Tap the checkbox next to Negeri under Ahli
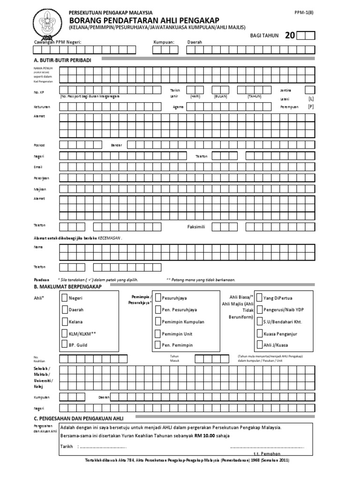pos(65,298)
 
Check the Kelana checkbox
pos(65,322)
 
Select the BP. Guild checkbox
pos(65,345)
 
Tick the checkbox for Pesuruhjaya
pos(157,298)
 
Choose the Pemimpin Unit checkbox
pos(157,333)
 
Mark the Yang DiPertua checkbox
pos(259,298)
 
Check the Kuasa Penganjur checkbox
pos(259,333)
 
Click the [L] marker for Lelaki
pos(311,99)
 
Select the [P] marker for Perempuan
pos(311,107)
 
